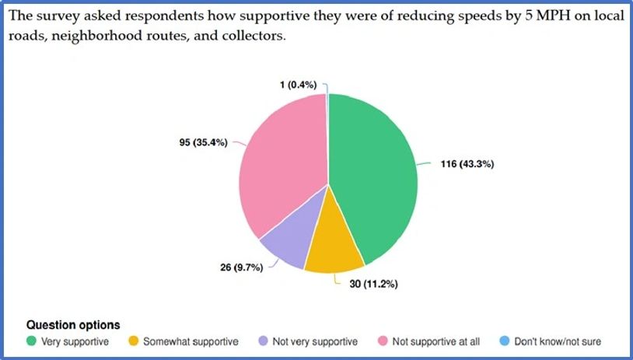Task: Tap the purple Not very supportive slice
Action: tap(285, 245)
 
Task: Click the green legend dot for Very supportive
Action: tap(32, 341)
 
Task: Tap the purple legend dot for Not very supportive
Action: tap(264, 341)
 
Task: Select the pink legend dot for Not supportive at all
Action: tap(383, 341)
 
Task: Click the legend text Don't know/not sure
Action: tap(558, 341)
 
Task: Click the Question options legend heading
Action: tap(73, 324)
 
